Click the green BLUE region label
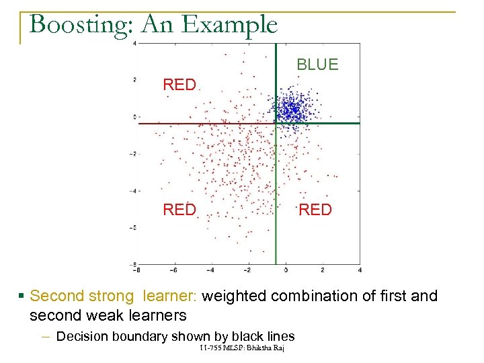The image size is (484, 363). tap(317, 65)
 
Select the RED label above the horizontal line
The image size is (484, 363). tap(179, 85)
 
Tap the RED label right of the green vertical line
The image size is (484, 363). tap(315, 210)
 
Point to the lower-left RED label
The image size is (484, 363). tap(179, 210)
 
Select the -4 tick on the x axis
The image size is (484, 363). tap(210, 270)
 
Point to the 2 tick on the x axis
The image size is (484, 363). tap(323, 270)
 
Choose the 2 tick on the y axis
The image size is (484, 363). tap(134, 80)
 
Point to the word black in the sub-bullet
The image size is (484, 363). tap(248, 336)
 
